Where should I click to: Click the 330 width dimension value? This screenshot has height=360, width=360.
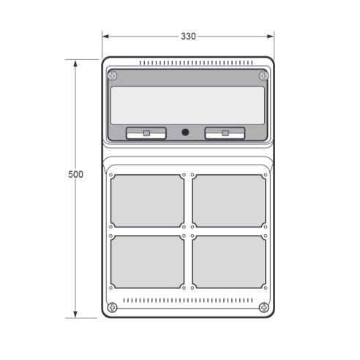[x=188, y=37]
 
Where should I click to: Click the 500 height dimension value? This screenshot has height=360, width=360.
[x=75, y=174]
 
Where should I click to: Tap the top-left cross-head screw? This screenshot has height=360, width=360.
[x=113, y=76]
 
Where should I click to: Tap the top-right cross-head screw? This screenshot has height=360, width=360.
[x=263, y=76]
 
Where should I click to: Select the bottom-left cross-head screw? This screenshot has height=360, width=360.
[x=113, y=307]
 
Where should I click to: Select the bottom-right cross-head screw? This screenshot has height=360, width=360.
[x=263, y=307]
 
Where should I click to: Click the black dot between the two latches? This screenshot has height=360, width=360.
[x=185, y=132]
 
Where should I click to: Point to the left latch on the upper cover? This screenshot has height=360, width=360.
[x=146, y=133]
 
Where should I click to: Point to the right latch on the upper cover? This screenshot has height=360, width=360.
[x=225, y=133]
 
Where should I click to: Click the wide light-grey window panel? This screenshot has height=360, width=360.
[x=187, y=105]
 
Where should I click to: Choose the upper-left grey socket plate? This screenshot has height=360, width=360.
[x=147, y=201]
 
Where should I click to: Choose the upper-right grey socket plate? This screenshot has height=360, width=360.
[x=229, y=201]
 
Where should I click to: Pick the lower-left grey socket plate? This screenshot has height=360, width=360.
[x=147, y=262]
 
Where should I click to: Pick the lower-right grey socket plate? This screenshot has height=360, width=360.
[x=229, y=262]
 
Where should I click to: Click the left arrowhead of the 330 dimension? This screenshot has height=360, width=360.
[x=105, y=37]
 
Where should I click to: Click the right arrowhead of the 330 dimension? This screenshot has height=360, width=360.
[x=271, y=37]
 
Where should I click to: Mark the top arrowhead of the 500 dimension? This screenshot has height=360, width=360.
[x=75, y=64]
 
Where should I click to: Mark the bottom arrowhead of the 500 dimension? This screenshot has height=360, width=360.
[x=75, y=315]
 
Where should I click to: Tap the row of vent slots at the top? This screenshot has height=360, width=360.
[x=196, y=63]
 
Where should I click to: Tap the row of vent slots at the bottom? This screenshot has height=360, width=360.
[x=188, y=300]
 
